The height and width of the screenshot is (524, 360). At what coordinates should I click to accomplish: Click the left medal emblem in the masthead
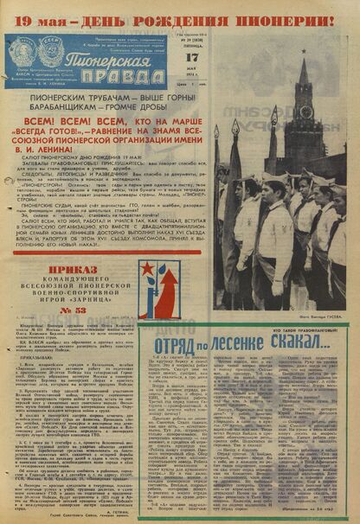point(25,48)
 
